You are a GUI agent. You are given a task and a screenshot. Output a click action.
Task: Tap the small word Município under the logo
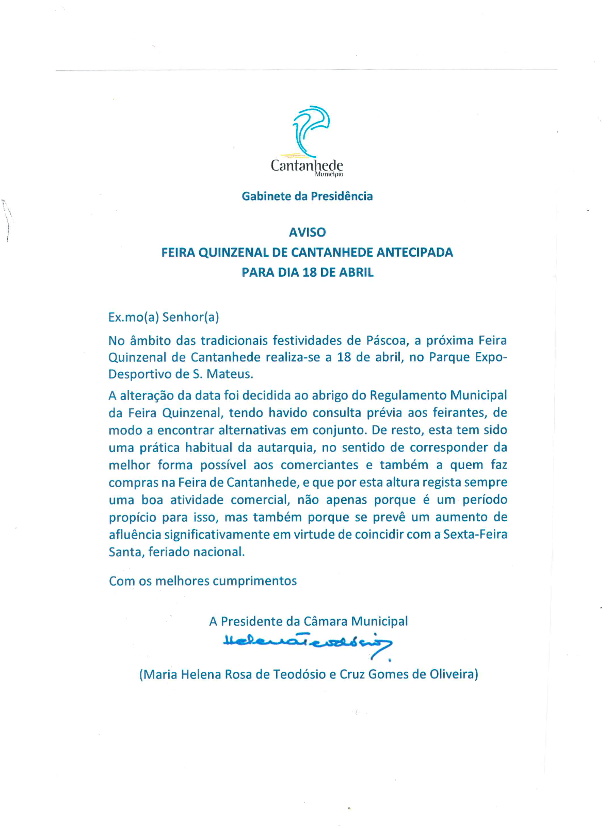(x=329, y=174)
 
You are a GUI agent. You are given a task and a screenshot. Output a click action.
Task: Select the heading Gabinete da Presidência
(x=307, y=196)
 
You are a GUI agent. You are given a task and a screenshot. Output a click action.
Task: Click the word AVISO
(x=307, y=232)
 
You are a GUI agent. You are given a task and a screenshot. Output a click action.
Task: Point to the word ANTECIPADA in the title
(x=414, y=252)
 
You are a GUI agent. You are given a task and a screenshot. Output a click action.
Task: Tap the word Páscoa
(x=386, y=340)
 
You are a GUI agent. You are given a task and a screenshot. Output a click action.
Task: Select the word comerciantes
(x=319, y=465)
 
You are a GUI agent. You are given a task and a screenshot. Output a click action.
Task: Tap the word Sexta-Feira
(x=475, y=534)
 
